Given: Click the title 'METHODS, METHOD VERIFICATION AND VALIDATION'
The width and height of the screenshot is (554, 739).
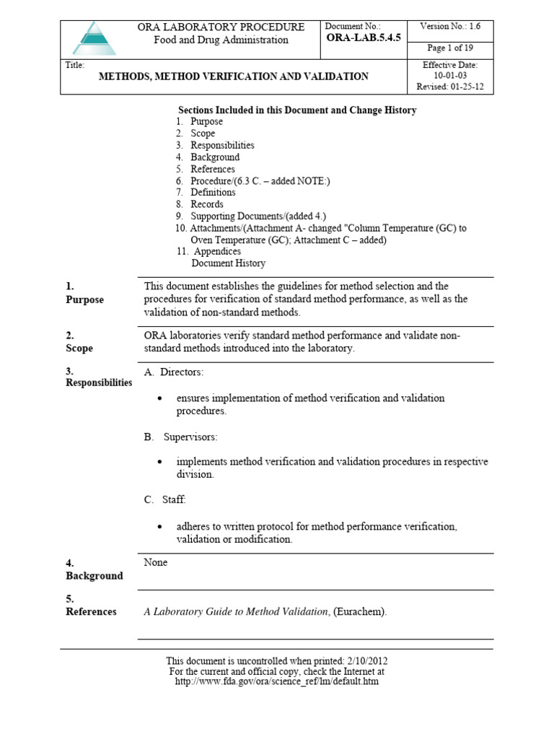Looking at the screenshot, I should (234, 76).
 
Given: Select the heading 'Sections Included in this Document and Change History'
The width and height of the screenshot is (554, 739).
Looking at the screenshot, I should (297, 110).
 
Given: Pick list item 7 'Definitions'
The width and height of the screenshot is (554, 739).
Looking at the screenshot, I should (213, 193).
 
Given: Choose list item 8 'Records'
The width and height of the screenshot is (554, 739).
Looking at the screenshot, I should (206, 204).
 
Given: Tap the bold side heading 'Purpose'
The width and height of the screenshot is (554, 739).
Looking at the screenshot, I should (84, 300).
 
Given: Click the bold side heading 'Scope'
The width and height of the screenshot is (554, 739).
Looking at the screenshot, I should (79, 348).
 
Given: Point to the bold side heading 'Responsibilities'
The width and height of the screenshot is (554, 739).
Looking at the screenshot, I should (99, 382).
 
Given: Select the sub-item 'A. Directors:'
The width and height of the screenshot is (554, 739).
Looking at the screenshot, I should (174, 372).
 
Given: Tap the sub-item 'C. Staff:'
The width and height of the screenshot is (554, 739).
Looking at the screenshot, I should (165, 499).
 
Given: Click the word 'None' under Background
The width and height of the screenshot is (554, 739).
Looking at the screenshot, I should (156, 563).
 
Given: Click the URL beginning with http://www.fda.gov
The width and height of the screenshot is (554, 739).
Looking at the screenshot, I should (277, 681).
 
